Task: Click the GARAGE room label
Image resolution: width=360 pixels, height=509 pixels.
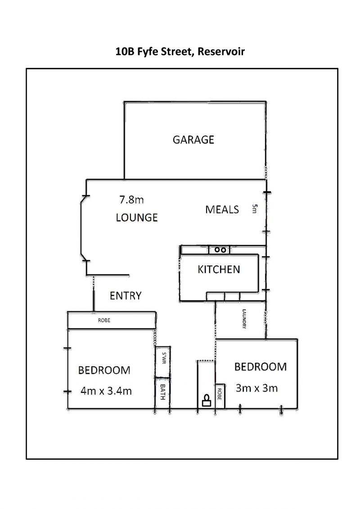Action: tap(193, 140)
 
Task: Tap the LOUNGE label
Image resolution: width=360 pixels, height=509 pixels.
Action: tap(137, 217)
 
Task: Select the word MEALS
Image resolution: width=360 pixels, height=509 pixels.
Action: tap(222, 209)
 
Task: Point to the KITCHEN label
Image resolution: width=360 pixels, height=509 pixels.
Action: tap(219, 269)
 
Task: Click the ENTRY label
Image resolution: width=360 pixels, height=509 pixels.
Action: tap(126, 295)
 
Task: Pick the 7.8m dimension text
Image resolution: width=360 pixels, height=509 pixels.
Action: tap(131, 199)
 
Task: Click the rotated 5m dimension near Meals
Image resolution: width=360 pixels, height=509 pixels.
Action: tap(255, 208)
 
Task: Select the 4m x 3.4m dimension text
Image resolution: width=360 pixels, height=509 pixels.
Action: tap(106, 391)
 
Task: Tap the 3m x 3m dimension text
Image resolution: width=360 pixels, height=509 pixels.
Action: tap(257, 388)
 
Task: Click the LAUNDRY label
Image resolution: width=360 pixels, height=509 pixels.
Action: tap(244, 319)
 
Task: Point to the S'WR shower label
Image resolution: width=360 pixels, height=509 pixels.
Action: tap(164, 358)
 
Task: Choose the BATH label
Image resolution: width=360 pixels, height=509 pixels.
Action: tap(162, 392)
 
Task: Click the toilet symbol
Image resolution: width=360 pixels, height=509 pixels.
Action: tap(207, 401)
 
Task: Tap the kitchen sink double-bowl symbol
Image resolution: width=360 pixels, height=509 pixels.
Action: tap(220, 250)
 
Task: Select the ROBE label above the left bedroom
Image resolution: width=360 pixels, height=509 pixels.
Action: tap(104, 320)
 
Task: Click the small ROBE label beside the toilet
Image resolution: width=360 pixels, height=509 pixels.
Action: tap(219, 394)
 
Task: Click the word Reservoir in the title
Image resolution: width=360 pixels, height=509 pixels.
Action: tap(221, 51)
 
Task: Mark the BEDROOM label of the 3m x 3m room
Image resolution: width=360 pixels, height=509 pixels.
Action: tap(261, 367)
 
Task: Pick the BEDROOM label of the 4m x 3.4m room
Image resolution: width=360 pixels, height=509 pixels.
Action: tap(104, 370)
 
